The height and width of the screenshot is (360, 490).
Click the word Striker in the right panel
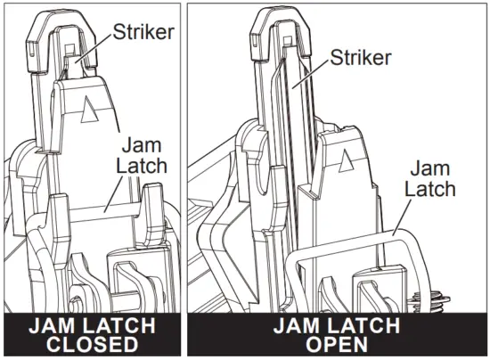tap(362, 58)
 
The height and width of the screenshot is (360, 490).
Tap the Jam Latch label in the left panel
tap(139, 157)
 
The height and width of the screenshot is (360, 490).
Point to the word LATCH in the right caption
tap(355, 326)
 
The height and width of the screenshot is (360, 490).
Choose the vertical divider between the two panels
tap(184, 178)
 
